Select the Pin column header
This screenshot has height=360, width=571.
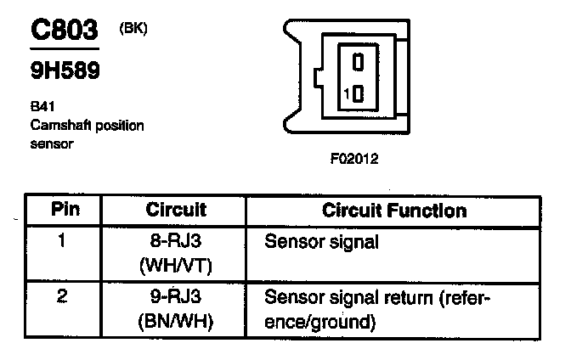[65, 210]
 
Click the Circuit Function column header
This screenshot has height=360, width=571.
[395, 210]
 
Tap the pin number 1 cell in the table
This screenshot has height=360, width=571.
[62, 240]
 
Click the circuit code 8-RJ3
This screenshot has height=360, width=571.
[175, 242]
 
